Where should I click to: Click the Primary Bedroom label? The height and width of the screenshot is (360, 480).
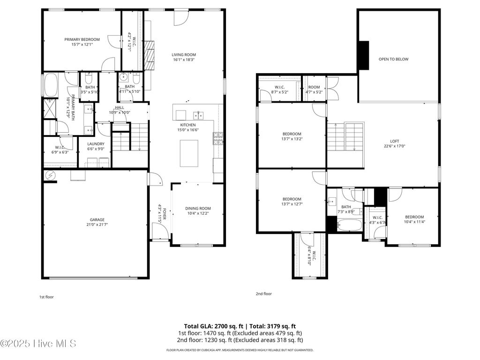[82, 39]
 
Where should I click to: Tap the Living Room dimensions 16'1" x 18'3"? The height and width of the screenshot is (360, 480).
[184, 60]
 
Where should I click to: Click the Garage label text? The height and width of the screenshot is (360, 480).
[97, 219]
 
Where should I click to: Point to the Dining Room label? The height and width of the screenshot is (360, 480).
[198, 208]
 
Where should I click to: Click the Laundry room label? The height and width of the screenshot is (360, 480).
[96, 144]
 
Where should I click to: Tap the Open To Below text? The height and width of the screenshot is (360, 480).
[393, 59]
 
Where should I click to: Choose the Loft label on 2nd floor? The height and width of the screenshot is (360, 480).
[395, 141]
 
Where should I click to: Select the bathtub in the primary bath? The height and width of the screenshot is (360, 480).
[50, 85]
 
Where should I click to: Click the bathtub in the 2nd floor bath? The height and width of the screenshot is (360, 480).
[350, 225]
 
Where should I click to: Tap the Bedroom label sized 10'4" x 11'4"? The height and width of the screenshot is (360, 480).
[414, 217]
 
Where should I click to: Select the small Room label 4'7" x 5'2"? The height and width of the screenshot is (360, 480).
[314, 87]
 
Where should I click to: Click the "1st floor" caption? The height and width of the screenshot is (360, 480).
[46, 297]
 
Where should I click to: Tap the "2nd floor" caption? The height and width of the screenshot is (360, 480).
[263, 294]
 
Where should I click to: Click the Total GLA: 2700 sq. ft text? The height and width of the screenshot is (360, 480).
[213, 326]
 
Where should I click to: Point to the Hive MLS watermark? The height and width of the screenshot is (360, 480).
[38, 344]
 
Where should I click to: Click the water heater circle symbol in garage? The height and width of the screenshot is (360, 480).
[50, 175]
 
